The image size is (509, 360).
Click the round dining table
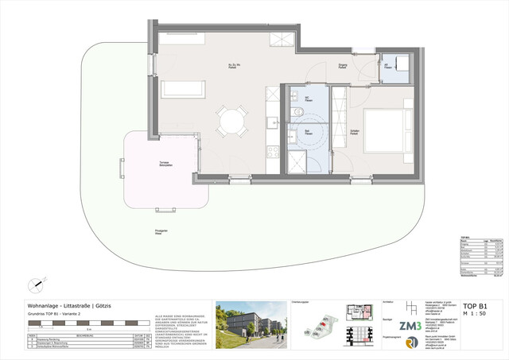coord(231,122)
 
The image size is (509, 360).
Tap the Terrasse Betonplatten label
coord(165,166)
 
